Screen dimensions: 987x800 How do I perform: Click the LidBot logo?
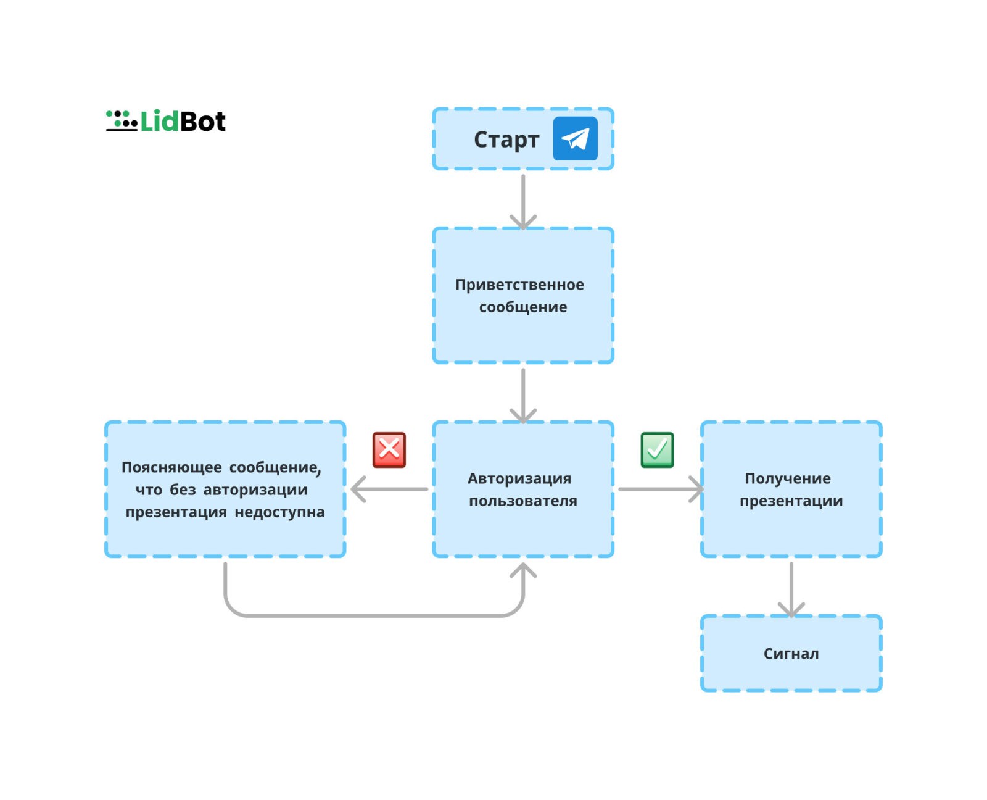click(x=165, y=120)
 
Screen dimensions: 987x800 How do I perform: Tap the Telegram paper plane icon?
click(x=574, y=138)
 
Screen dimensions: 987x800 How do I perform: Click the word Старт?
click(x=506, y=140)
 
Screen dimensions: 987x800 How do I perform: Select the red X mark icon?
click(x=389, y=449)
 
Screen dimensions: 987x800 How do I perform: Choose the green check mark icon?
click(x=656, y=449)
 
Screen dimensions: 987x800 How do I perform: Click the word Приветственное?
click(x=519, y=285)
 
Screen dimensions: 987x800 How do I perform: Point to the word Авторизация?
click(x=519, y=478)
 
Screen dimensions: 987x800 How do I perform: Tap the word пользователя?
click(x=522, y=501)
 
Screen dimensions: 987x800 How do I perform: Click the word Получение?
click(x=787, y=478)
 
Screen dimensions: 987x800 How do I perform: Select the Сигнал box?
click(x=791, y=653)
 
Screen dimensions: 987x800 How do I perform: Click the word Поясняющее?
click(x=171, y=467)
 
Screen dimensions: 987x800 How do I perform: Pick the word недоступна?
click(x=279, y=512)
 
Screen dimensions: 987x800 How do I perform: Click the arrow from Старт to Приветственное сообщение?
click(x=522, y=202)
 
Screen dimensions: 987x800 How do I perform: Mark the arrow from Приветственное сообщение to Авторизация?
click(x=522, y=396)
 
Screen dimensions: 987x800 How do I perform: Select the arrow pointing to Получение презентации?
click(x=661, y=489)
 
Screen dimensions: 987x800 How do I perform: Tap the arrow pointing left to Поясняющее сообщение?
click(x=389, y=489)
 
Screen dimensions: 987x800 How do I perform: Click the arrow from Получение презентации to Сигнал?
click(x=791, y=590)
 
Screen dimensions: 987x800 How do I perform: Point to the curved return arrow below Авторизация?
click(x=373, y=615)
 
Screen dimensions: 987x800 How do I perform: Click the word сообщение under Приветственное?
click(x=522, y=307)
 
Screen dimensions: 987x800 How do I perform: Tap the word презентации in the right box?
click(x=791, y=501)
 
